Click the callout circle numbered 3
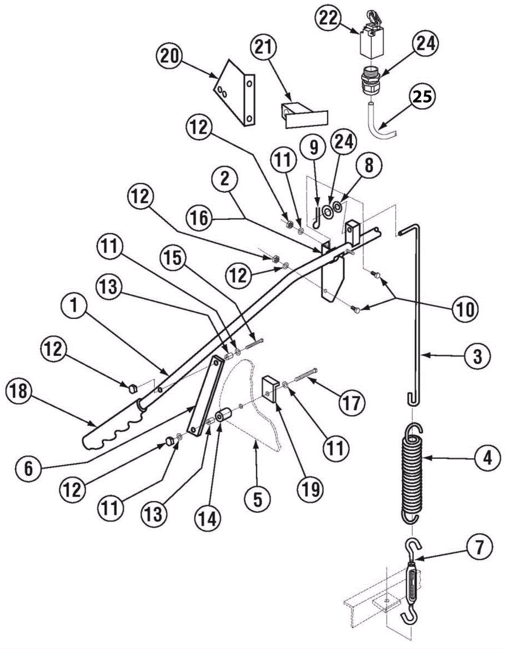(x=477, y=356)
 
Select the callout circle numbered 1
(x=74, y=306)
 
